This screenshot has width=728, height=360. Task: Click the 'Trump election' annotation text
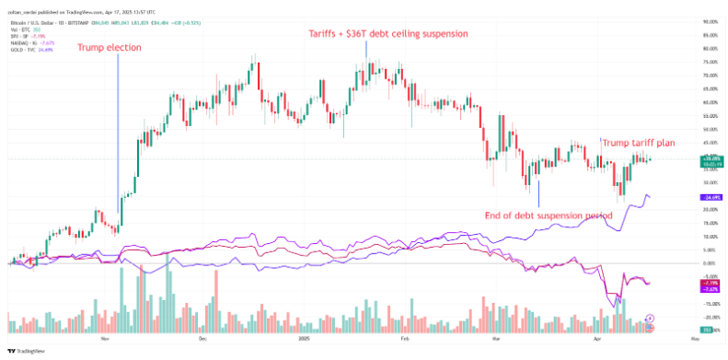tap(109, 47)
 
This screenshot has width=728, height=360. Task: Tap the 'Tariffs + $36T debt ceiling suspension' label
tap(387, 33)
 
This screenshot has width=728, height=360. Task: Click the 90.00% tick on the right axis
tap(710, 21)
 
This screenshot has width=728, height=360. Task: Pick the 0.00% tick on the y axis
tap(710, 263)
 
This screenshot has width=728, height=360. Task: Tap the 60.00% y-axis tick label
tap(710, 102)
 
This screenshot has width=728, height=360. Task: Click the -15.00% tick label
tap(710, 304)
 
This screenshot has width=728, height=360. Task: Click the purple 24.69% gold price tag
tap(710, 197)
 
